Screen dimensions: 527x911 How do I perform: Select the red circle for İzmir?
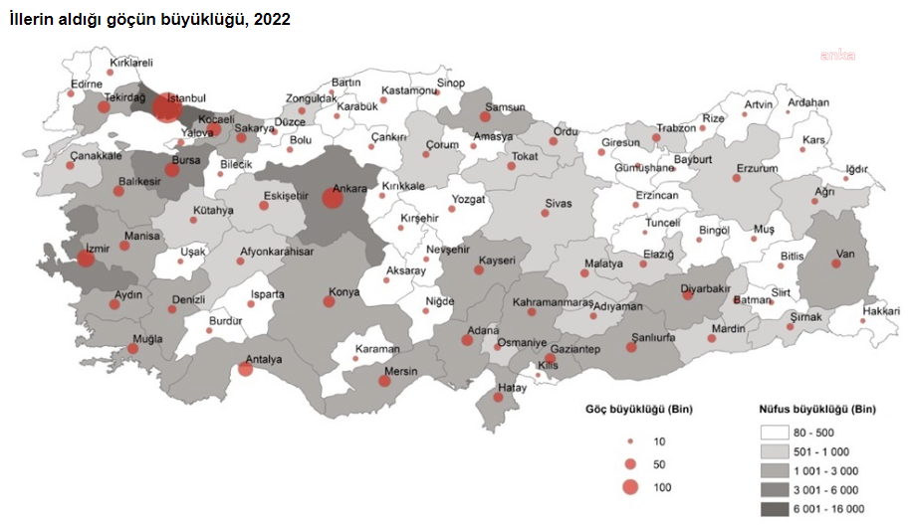tap(86, 259)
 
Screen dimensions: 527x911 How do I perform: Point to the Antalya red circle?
tap(245, 370)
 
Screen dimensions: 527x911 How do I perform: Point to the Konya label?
tap(344, 292)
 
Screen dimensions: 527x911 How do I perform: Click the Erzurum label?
tap(757, 168)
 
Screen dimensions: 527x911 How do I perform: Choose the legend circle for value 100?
tap(629, 487)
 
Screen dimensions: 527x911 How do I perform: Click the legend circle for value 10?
tap(629, 439)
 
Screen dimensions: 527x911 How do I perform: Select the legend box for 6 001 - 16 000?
tap(783, 508)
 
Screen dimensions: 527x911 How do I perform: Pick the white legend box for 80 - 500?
tap(783, 433)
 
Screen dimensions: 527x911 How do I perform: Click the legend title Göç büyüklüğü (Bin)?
tap(638, 409)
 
